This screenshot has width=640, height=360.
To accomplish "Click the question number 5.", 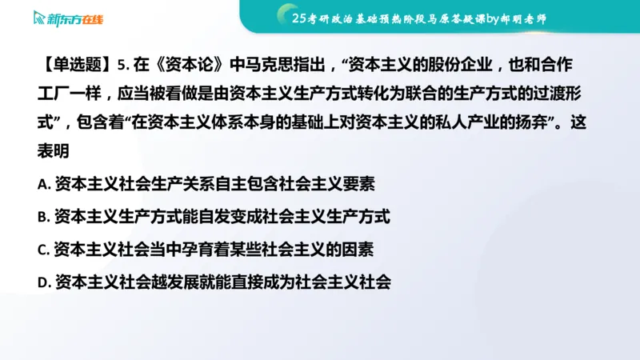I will (x=121, y=64).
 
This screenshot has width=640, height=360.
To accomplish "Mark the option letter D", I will (x=43, y=282).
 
